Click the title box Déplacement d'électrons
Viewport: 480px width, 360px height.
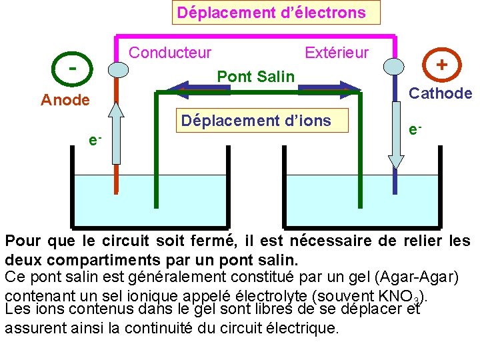pos(271,13)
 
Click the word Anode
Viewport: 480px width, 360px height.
pos(65,100)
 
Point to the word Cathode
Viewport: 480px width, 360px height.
pos(440,93)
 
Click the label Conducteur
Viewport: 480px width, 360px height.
pos(170,52)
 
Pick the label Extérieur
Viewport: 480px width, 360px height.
pos(336,52)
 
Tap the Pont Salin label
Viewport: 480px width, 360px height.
pos(255,77)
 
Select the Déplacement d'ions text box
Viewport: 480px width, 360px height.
pos(256,121)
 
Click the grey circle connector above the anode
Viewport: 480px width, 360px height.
pos(117,69)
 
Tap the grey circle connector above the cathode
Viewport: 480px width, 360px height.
pos(395,67)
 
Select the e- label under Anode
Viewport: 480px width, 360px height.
pos(95,139)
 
